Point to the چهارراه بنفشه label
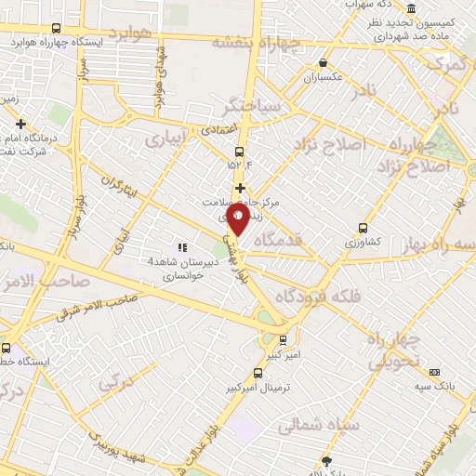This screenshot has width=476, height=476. (258, 42)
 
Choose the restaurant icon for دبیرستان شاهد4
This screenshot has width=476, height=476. (182, 246)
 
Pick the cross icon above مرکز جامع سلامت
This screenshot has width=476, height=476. (240, 188)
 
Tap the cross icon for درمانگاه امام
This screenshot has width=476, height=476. (20, 123)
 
